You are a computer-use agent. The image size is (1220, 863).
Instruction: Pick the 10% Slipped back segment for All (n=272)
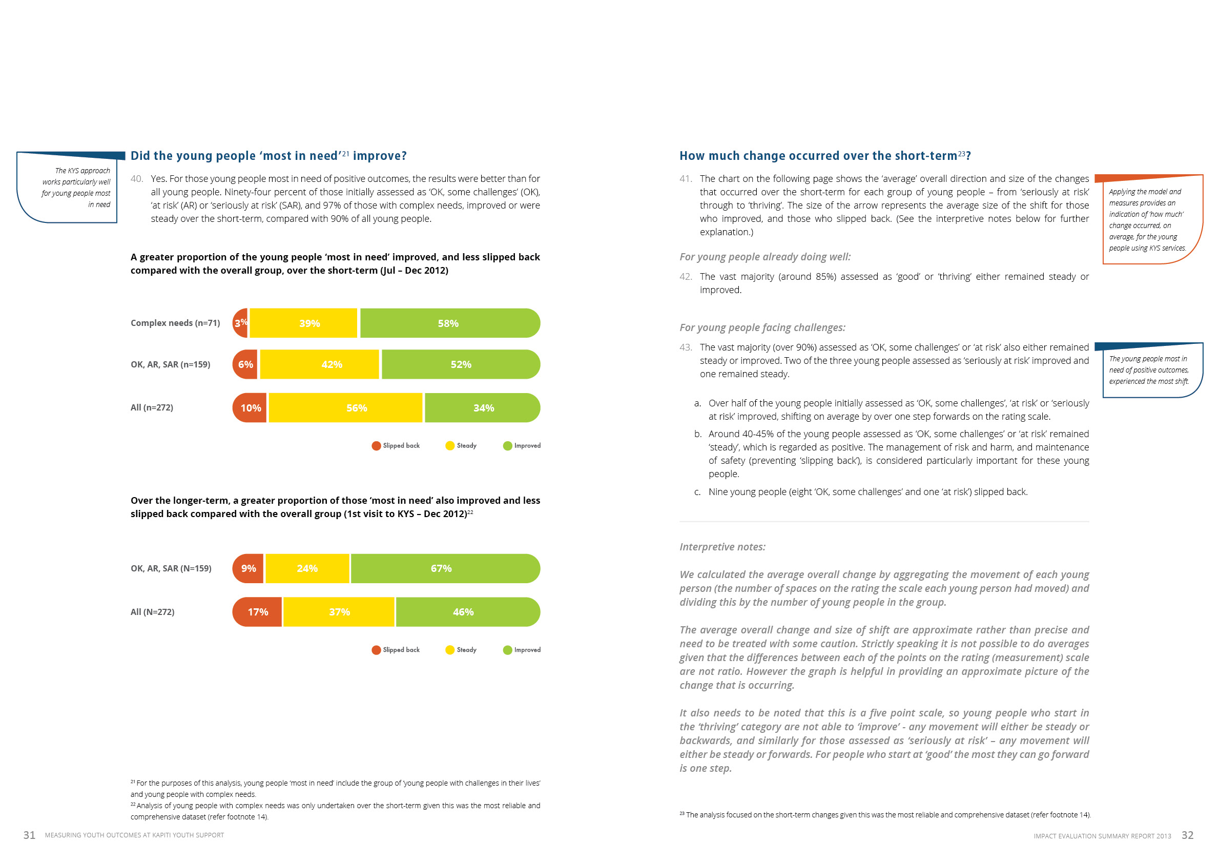coord(250,408)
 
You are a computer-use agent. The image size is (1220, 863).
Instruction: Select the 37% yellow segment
coord(339,612)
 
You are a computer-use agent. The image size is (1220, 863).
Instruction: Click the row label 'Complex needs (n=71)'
coord(175,323)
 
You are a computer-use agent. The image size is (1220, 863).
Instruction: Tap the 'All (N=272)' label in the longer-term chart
coord(153,612)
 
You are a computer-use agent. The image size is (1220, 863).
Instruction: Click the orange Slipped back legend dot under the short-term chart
coord(376,446)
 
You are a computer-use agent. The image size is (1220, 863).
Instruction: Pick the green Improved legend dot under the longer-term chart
coord(507,650)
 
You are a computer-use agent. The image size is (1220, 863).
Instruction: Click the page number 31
coord(29,835)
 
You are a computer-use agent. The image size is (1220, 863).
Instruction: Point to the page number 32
coord(1188,835)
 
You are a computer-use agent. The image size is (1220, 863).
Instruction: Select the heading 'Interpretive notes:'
coord(722,547)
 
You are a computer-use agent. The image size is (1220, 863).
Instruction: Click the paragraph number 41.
coord(686,179)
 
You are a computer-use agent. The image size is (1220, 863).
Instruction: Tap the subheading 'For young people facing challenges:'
coord(762,328)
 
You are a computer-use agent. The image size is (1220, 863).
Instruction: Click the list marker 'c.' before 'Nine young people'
coord(697,492)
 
